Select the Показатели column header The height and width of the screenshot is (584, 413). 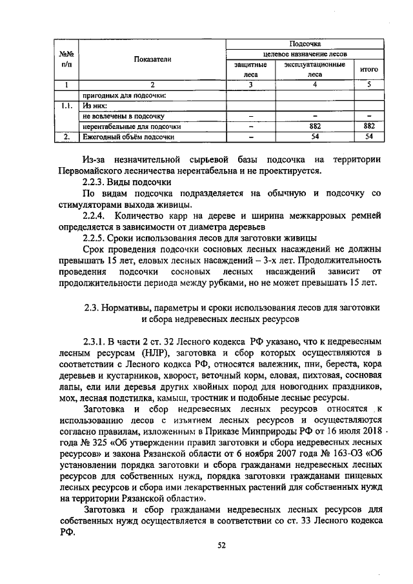pos(152,59)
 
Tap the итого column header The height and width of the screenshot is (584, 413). pos(368,69)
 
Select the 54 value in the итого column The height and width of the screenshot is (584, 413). pos(369,137)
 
